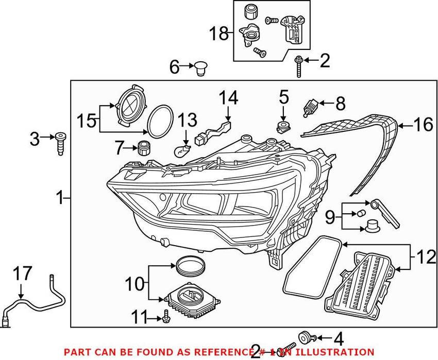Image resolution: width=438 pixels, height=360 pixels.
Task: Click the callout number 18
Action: click(218, 34)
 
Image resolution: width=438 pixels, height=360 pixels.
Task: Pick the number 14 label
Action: click(228, 97)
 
